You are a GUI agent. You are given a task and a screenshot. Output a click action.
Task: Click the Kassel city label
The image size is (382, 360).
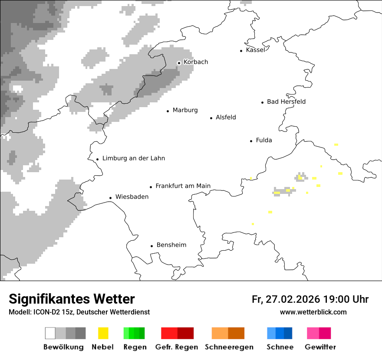coord(255,50)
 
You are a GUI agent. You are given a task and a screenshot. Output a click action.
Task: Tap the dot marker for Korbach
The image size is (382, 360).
coord(179,63)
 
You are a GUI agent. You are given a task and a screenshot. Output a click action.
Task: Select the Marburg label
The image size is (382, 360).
coord(185,110)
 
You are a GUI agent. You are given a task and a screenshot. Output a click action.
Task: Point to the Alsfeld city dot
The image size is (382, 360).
coord(211,118)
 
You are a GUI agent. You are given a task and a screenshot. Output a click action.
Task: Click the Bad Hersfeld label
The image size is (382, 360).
coord(286,101)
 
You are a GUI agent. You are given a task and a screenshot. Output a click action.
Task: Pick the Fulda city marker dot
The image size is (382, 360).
coord(251,141)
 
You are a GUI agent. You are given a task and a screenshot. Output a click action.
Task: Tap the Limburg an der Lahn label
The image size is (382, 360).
coord(133,158)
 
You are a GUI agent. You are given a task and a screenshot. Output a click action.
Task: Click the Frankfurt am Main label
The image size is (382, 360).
coord(183,186)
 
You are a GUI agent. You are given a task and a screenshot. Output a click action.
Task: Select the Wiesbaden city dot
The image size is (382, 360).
coord(111,198)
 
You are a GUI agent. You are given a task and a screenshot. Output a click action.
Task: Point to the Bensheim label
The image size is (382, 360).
coord(171,245)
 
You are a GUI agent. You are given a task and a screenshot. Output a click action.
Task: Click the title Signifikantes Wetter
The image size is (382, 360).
coord(72,299)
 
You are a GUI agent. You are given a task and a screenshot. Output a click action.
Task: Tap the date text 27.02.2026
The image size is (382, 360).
coord(292,299)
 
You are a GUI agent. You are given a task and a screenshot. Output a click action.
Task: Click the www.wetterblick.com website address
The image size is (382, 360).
coord(313,312)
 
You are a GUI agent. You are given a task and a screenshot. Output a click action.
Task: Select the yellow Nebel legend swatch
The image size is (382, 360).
coord(103,333)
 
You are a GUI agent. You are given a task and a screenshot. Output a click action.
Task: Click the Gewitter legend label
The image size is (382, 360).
coord(320,347)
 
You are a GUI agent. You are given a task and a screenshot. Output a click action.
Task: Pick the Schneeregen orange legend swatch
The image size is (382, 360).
coord(228,333)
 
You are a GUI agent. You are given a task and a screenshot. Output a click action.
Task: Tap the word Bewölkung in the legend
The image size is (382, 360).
coord(63,347)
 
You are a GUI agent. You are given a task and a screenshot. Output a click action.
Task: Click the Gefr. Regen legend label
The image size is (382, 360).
coord(176,347)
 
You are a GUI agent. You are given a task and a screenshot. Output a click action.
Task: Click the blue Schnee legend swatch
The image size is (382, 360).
coord(279,333)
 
